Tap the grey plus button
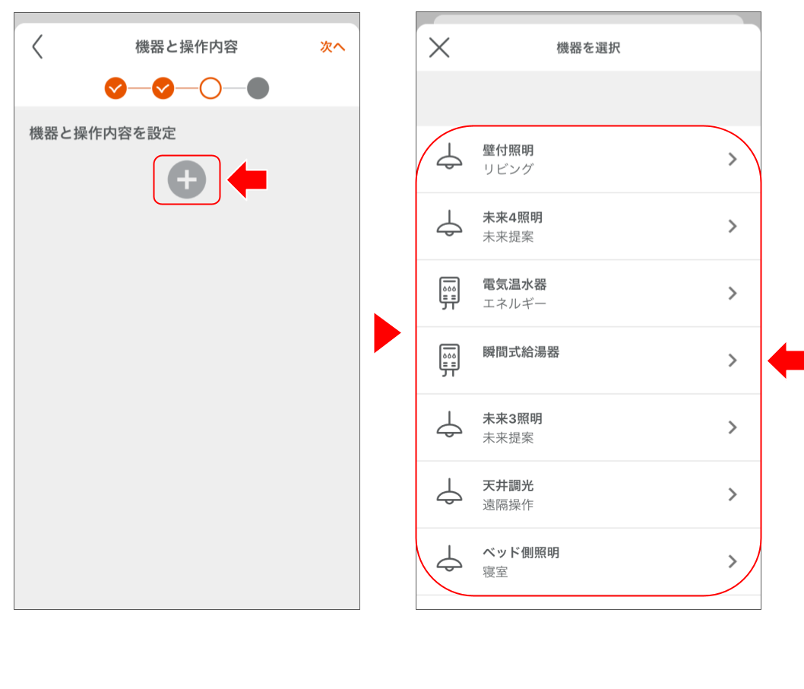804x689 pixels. (x=187, y=179)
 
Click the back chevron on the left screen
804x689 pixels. (x=37, y=46)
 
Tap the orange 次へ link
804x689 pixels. (x=332, y=46)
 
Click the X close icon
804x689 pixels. (x=439, y=47)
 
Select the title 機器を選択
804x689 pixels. (x=588, y=48)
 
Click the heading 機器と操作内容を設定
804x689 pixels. (x=103, y=133)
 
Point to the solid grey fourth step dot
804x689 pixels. (x=258, y=88)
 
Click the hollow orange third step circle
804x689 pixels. (x=210, y=88)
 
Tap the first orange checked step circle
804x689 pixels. (x=116, y=88)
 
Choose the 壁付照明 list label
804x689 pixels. (x=508, y=151)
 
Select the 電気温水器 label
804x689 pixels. (x=514, y=284)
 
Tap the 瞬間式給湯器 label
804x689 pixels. (x=521, y=352)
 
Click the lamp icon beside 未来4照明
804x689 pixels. (x=449, y=223)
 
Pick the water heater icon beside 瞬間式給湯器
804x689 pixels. (x=449, y=360)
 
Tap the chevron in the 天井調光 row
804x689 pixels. (x=733, y=494)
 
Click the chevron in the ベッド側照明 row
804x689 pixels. (x=733, y=561)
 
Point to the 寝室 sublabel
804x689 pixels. (x=495, y=572)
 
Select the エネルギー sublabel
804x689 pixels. (x=514, y=303)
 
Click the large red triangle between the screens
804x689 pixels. (x=387, y=333)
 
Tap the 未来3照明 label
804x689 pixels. (x=512, y=418)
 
